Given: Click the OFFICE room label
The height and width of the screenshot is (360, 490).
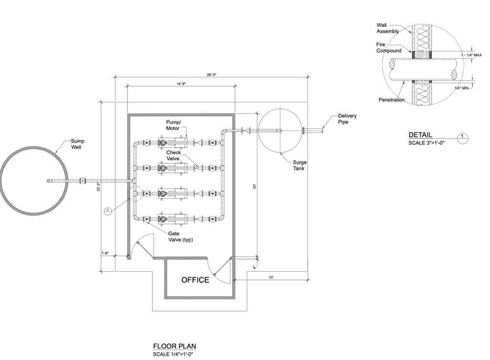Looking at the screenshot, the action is [195, 280].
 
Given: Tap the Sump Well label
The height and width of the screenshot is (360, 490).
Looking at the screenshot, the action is [77, 144].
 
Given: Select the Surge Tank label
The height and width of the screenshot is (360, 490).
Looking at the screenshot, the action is [300, 165].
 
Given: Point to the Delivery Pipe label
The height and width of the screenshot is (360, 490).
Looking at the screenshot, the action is [347, 119].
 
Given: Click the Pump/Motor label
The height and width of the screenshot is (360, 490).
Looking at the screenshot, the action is [173, 125].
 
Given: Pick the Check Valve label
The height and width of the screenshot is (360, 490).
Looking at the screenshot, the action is [173, 155].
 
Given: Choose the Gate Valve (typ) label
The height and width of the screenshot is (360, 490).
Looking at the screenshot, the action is [180, 237].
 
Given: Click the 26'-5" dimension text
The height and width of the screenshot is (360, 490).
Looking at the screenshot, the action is [212, 75].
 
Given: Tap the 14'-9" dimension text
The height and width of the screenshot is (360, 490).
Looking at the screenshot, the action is [181, 84].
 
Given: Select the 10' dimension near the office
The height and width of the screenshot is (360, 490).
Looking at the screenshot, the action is [271, 277].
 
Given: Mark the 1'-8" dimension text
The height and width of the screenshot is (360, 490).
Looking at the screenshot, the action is [105, 253].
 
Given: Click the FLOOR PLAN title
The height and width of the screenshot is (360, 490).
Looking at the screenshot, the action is [174, 346].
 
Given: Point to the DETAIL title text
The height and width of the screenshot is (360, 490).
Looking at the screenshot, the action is [420, 135].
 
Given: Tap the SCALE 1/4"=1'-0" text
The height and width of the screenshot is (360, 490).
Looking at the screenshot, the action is [173, 354].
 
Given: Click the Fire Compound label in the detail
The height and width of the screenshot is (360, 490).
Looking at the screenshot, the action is [389, 47].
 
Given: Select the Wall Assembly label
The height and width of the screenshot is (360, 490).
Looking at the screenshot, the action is [388, 28].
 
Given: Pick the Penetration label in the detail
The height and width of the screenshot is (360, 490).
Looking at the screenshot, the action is [391, 100].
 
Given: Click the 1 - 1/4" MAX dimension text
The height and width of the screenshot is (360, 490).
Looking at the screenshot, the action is [471, 55].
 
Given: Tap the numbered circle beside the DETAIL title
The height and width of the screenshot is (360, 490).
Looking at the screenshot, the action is [463, 138].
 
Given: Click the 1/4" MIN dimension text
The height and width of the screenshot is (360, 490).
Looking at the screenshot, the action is [462, 88].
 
